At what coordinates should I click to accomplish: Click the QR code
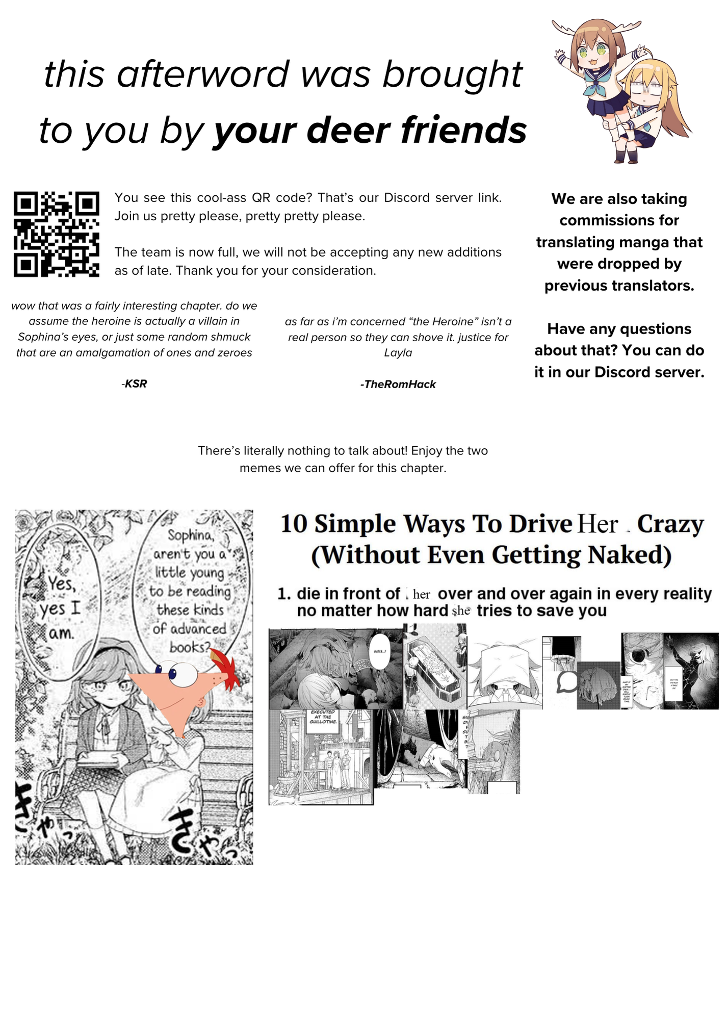[x=56, y=234]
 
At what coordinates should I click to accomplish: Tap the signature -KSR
[x=135, y=384]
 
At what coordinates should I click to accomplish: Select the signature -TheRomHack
[x=398, y=384]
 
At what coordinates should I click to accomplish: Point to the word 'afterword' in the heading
[x=203, y=74]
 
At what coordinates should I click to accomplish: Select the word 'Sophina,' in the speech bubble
[x=191, y=535]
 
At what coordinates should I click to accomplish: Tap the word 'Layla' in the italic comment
[x=398, y=353]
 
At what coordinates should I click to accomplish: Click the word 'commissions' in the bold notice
[x=619, y=220]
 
